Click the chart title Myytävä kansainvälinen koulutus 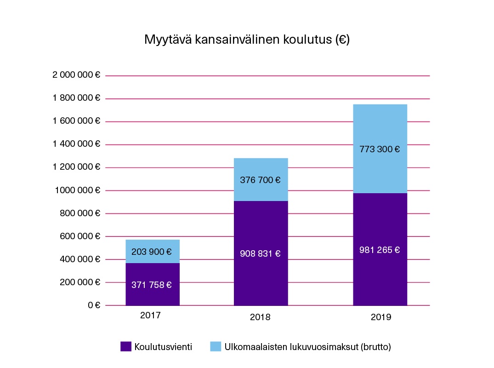247,40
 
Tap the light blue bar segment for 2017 152,244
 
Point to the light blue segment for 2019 380,124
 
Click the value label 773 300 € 380,149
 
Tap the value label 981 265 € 380,250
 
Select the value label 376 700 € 260,180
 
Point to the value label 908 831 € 260,253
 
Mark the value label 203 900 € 152,252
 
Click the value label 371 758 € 152,285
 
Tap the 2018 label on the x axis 260,317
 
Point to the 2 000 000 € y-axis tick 76,75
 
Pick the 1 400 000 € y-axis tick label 76,144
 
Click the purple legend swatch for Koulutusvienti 126,347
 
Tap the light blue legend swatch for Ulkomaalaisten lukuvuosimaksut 216,347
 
